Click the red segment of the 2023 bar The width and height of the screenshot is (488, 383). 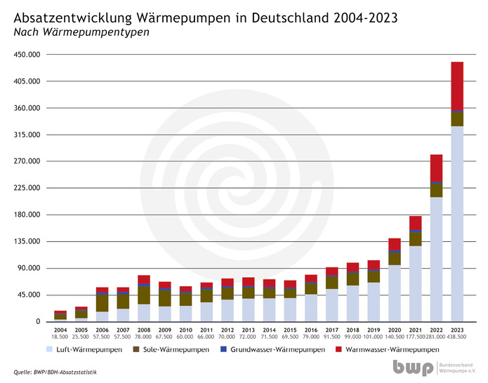tap(457, 86)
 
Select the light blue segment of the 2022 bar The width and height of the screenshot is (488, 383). tap(436, 259)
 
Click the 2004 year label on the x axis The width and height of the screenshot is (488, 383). tap(60, 329)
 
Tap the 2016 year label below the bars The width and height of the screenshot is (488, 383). tap(311, 329)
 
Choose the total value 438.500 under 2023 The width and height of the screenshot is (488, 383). tap(457, 337)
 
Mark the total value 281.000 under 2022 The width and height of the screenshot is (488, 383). tap(436, 337)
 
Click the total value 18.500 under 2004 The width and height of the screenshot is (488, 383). tap(60, 337)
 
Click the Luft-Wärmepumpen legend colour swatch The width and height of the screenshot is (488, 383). tap(50, 349)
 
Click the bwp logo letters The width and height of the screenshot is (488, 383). tap(414, 367)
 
